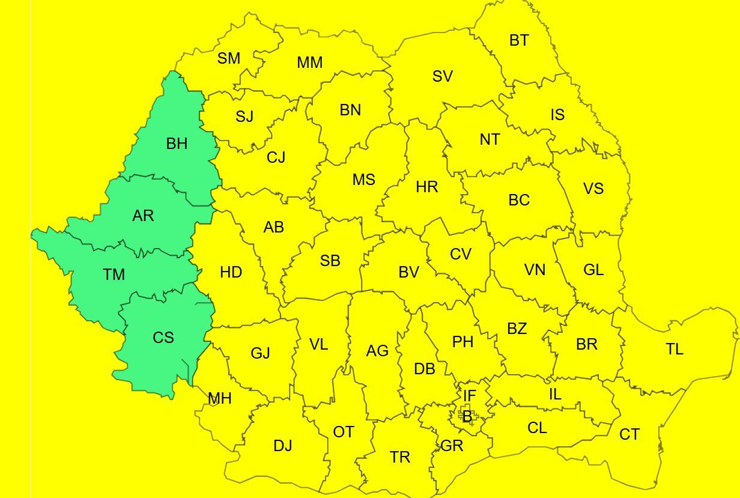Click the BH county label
[177, 144]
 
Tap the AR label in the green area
[143, 216]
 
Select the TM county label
[114, 275]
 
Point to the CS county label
[163, 338]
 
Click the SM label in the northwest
[229, 58]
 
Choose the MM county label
[310, 62]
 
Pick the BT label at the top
[520, 40]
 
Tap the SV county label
[443, 76]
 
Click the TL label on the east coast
[675, 349]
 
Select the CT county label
[629, 434]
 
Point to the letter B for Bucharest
[467, 416]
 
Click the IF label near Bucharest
[469, 396]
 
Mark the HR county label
[427, 187]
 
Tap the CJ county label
[276, 157]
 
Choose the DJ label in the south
[283, 446]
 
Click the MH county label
[220, 398]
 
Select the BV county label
[409, 272]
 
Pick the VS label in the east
[593, 189]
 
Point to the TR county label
[400, 457]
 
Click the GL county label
[593, 270]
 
